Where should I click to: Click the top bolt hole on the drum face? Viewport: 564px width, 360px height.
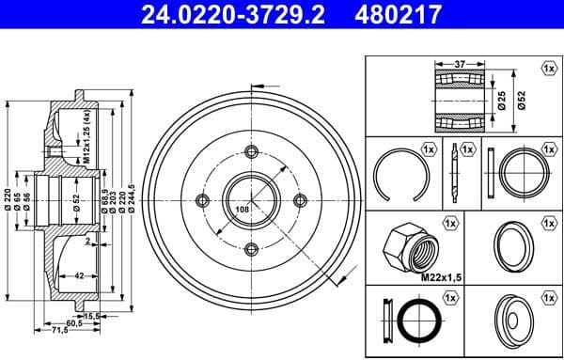tap(250, 151)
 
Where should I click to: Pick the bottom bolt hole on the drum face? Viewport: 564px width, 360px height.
tap(250, 249)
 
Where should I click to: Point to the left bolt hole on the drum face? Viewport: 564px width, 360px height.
tap(200, 200)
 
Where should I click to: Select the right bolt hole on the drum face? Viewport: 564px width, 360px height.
tap(300, 200)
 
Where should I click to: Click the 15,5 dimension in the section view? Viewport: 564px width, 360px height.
tap(92, 316)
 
